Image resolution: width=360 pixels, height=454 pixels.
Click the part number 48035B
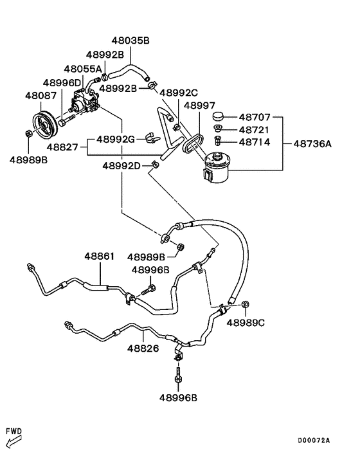coord(130,41)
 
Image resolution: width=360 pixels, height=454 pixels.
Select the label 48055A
coord(83,69)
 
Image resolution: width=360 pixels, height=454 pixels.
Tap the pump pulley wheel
coord(44,125)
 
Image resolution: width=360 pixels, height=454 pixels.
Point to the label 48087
coord(40,96)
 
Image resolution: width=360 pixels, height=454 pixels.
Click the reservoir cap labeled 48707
coord(219,116)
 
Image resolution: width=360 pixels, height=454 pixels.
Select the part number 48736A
coord(312,143)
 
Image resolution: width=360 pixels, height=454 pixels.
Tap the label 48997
coord(200,105)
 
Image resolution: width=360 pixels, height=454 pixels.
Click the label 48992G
coord(116,140)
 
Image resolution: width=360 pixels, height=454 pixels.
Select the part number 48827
coord(62,147)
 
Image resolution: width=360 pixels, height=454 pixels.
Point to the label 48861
coord(100,256)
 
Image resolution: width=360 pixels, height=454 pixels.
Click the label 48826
coord(143,349)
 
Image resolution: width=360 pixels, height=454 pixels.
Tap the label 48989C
coord(246,323)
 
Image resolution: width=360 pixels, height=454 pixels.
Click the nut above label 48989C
coord(246,304)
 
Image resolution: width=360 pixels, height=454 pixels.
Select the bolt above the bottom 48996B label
coord(178,376)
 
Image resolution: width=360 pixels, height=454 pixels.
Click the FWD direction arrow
coord(14,442)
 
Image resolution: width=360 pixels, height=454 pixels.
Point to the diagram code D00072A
coord(314,440)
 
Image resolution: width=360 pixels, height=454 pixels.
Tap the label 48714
coord(255,142)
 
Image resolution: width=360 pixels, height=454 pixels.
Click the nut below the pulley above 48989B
coord(28,134)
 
